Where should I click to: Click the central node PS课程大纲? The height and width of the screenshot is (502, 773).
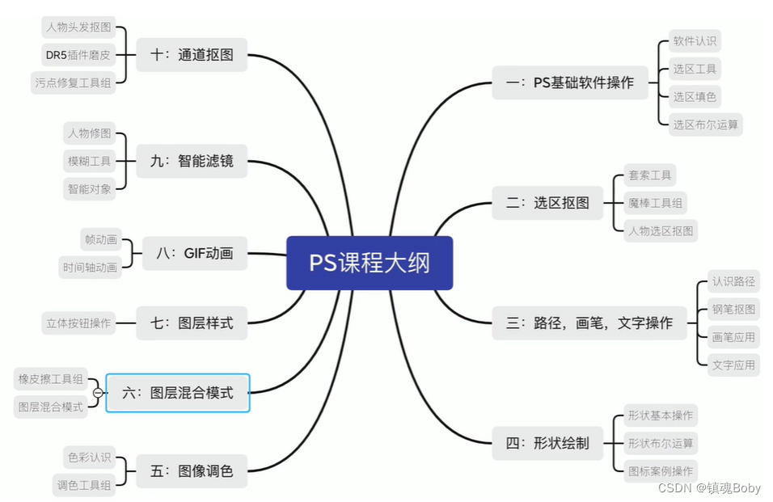370,263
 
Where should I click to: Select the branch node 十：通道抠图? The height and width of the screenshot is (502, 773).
192,55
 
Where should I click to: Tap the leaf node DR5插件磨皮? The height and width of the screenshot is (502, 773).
78,55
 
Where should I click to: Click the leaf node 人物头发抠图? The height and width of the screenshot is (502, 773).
78,27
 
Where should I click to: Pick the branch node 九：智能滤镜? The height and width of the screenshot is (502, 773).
192,161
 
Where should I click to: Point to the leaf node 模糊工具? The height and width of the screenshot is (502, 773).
89,161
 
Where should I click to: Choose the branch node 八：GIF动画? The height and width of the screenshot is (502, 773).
194,253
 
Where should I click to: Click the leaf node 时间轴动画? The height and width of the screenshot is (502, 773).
90,267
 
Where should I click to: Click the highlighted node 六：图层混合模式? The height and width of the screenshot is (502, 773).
178,393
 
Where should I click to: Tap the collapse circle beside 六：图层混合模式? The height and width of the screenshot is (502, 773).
99,393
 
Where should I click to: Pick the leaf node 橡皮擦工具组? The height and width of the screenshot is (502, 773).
50,378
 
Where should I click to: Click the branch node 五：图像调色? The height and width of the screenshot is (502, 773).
192,470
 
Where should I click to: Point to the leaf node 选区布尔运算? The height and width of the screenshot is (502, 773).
706,124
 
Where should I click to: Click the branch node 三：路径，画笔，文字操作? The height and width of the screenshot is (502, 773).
589,323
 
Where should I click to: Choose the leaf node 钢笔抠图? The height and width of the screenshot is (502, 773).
734,309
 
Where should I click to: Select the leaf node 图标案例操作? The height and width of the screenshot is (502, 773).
661,470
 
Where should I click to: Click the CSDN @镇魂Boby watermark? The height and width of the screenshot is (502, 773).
709,488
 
